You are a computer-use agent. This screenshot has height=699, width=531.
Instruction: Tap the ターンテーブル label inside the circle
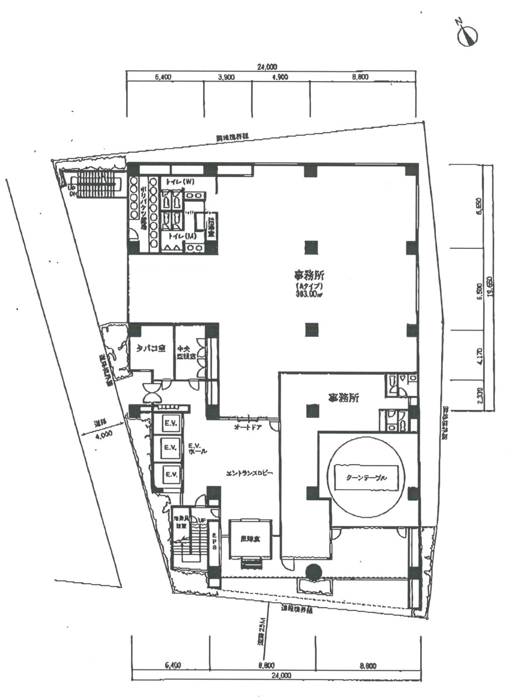[366, 477]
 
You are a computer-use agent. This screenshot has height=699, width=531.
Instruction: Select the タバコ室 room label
[151, 349]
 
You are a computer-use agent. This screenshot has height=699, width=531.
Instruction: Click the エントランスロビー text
[250, 473]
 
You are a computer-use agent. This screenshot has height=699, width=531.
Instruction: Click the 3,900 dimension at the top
[226, 77]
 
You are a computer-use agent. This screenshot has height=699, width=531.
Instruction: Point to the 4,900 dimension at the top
[280, 77]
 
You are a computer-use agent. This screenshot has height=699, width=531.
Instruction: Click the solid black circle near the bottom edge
[314, 572]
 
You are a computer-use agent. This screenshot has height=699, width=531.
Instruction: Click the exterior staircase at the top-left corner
[93, 183]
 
